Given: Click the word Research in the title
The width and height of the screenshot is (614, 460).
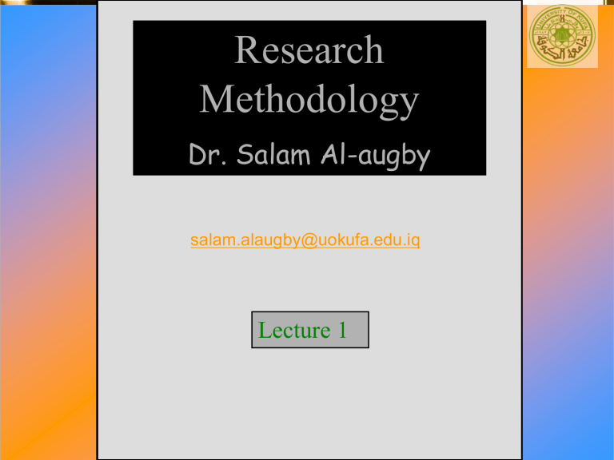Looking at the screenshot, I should tap(309, 51).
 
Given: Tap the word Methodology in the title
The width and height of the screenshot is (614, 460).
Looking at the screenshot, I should tap(309, 101).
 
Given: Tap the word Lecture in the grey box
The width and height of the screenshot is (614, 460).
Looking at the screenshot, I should tap(295, 330).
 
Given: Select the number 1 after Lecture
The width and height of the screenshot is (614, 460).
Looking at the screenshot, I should tap(342, 330).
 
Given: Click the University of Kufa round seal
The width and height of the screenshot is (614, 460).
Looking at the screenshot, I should tap(563, 36).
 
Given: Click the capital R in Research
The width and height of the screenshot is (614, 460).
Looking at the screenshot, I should tap(246, 51).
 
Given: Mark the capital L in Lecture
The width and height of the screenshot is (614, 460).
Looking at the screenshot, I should tap(265, 330).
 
